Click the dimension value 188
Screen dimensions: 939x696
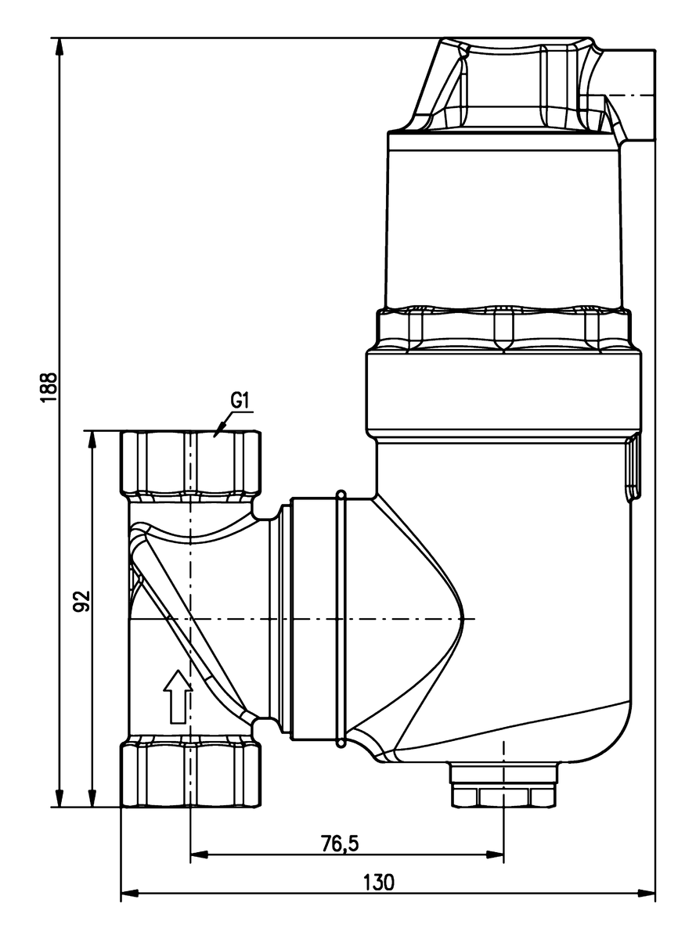pyautogui.click(x=49, y=387)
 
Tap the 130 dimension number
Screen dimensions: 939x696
pyautogui.click(x=378, y=882)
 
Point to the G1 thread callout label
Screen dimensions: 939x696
pyautogui.click(x=240, y=401)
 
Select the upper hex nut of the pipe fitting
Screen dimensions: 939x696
pyautogui.click(x=191, y=462)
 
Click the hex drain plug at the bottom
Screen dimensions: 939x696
pyautogui.click(x=503, y=786)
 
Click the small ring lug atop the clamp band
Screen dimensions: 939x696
pyautogui.click(x=341, y=495)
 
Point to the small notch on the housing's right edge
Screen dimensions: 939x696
pyautogui.click(x=633, y=469)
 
